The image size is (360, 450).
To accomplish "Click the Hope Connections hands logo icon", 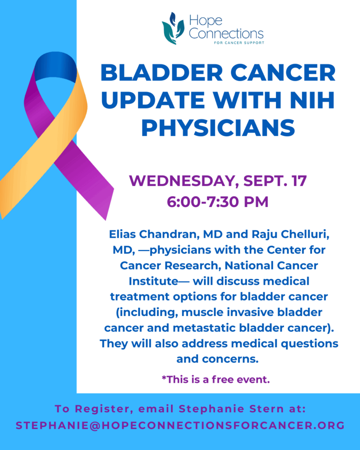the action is [x=173, y=29].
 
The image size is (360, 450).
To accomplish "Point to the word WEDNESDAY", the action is [x=184, y=181].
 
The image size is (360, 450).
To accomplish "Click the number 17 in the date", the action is [x=299, y=181].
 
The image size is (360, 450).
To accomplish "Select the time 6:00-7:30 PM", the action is [x=218, y=202].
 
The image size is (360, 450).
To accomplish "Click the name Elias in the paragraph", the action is [x=123, y=234].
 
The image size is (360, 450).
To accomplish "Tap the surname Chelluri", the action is [x=305, y=234].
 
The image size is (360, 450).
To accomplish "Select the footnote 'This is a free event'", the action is [x=216, y=379].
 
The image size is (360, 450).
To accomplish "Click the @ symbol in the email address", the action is [x=95, y=425].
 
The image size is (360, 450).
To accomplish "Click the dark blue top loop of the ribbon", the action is [x=55, y=65].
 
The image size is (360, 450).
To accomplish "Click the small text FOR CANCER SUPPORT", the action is [x=239, y=43].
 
